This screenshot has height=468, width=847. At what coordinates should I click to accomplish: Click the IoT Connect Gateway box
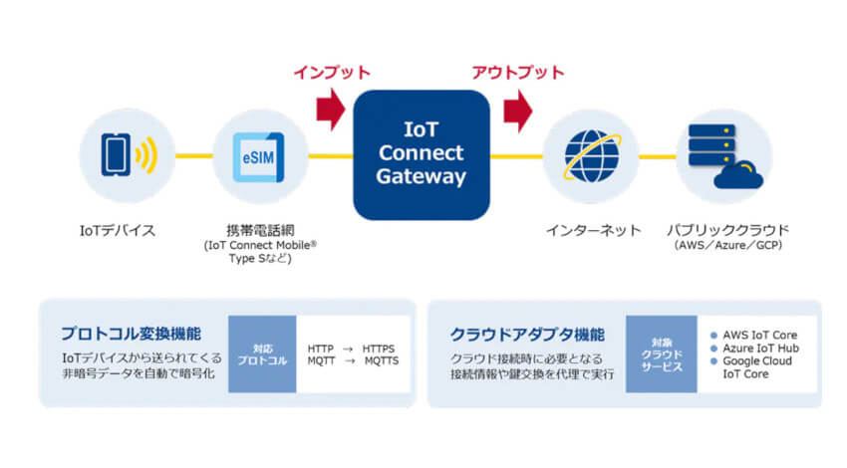(422, 153)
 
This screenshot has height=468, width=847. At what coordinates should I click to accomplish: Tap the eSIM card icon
(259, 155)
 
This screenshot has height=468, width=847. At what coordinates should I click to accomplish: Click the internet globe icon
(591, 155)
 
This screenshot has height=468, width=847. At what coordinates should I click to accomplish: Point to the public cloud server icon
(722, 155)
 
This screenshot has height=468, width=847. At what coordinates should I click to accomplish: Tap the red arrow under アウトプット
(517, 110)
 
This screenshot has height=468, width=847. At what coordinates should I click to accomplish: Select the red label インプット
(332, 73)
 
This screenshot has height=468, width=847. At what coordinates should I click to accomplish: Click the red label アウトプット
(517, 73)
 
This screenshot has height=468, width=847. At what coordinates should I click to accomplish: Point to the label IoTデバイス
(117, 231)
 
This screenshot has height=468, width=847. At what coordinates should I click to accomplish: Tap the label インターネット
(593, 231)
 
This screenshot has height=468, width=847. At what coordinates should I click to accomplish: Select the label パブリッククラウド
(726, 231)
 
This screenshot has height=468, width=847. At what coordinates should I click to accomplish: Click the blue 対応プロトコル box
(262, 355)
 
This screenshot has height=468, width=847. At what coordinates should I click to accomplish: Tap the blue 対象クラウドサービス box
(662, 353)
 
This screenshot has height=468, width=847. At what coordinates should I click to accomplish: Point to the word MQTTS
(381, 360)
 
